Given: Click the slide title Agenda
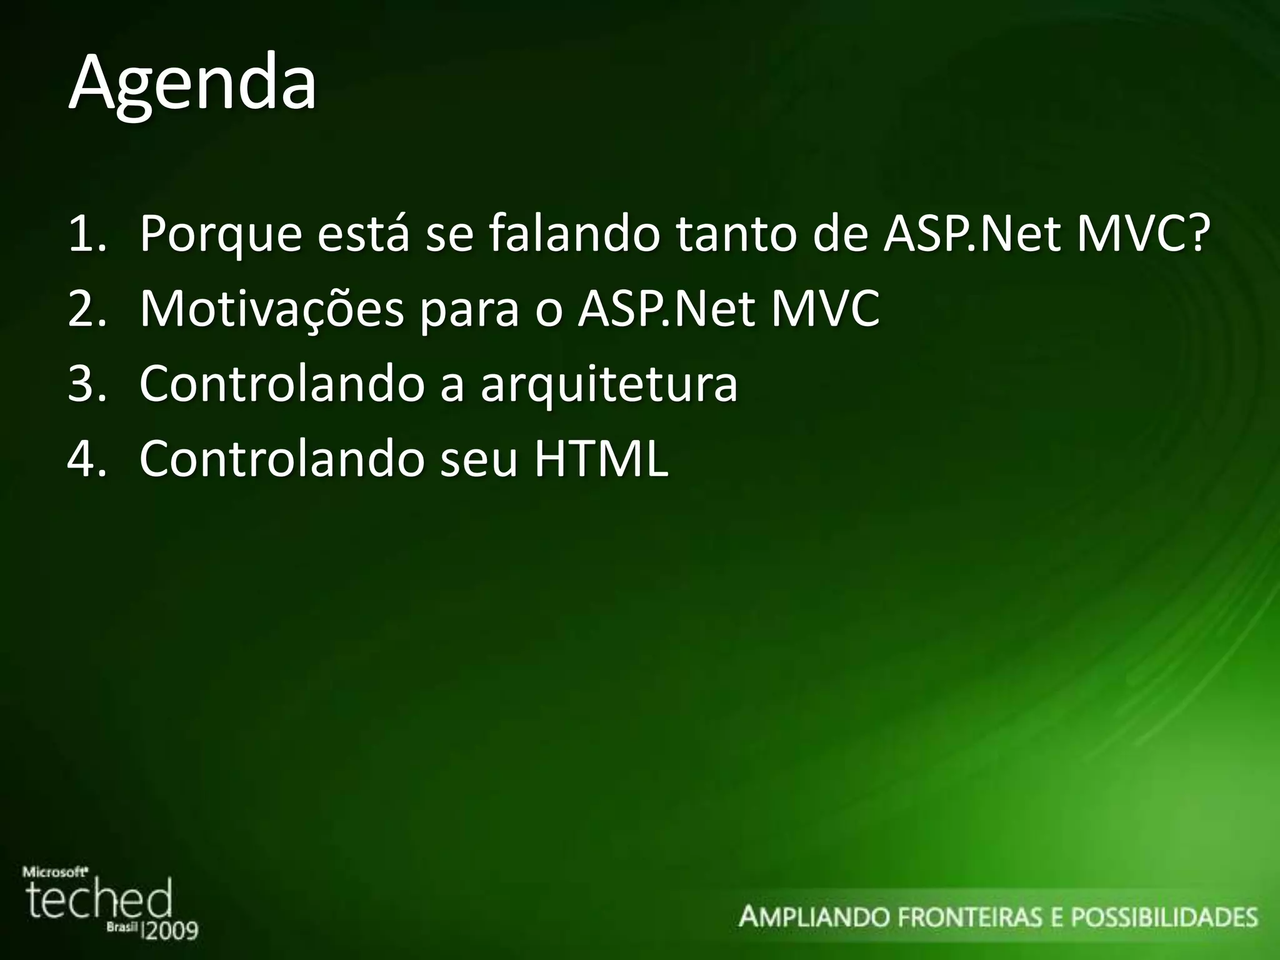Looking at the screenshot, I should (x=192, y=84).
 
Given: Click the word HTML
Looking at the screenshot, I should (x=601, y=459).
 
